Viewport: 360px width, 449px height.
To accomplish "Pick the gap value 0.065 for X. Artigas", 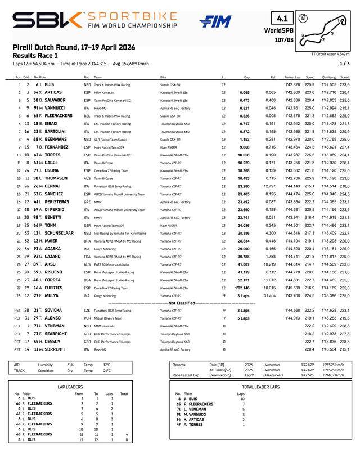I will [244, 92].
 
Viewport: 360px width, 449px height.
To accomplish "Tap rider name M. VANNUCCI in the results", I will [53, 107].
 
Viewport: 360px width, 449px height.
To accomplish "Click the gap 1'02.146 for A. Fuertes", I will [242, 288].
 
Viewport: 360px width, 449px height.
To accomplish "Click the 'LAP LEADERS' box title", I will [70, 387].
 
